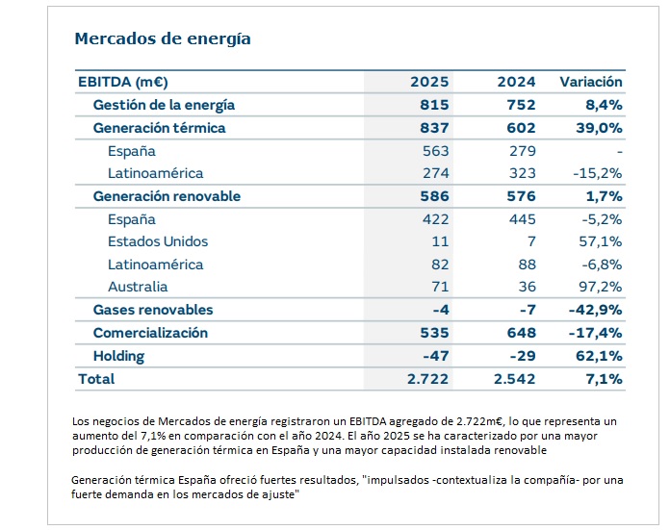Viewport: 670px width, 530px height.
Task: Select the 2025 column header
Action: [429, 82]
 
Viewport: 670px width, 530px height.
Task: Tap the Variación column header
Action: [591, 82]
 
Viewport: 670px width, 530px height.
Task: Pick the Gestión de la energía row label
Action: [164, 105]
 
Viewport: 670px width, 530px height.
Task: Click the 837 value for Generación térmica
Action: [435, 128]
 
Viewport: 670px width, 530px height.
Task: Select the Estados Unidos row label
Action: [158, 241]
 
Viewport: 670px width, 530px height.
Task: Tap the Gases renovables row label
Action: [153, 310]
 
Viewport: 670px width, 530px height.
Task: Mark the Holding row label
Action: [118, 356]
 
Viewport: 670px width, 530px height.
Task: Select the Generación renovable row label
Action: [167, 196]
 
